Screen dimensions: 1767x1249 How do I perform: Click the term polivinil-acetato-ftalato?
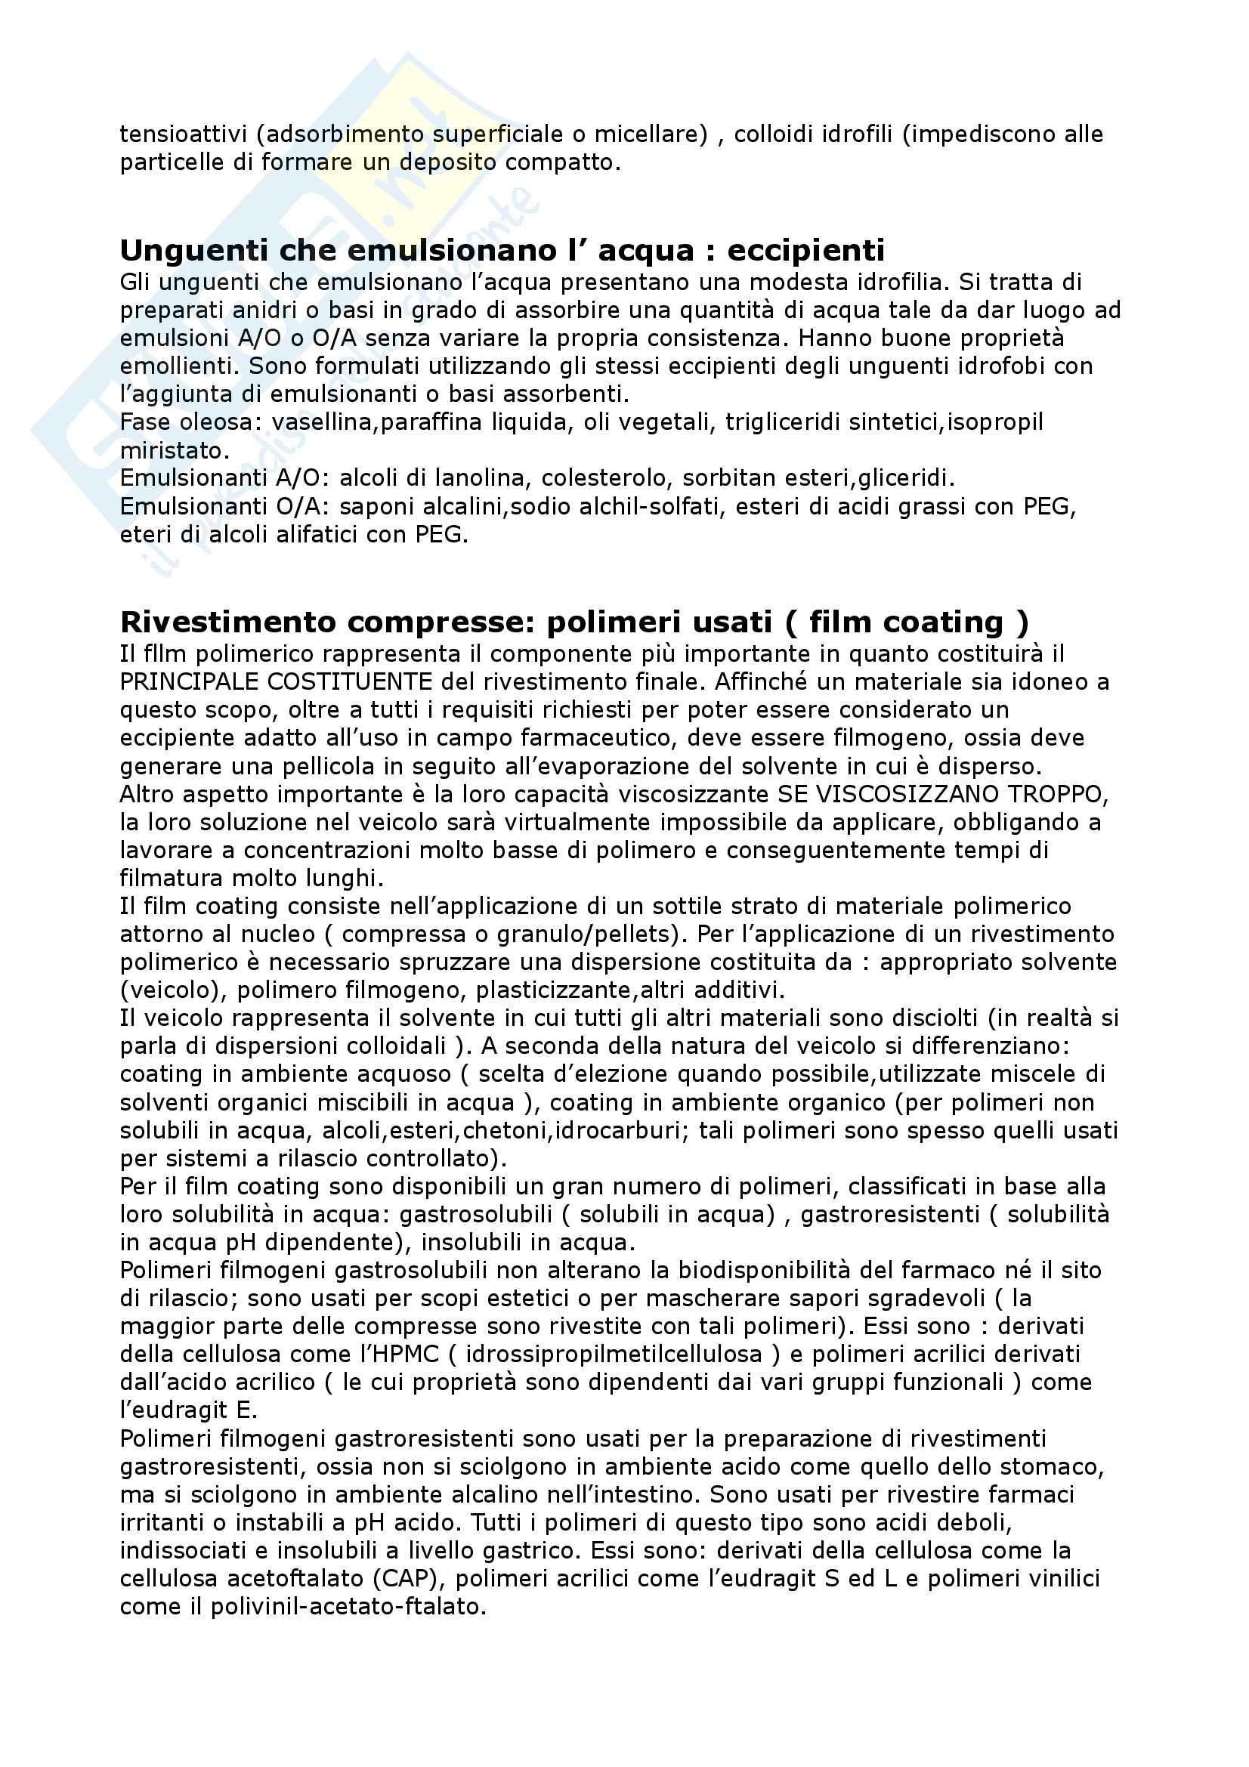click(348, 1607)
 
